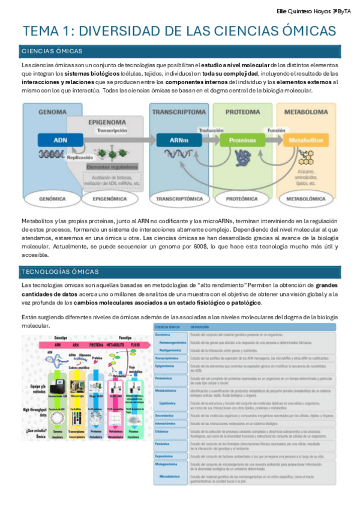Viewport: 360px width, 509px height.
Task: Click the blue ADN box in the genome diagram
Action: coord(61,140)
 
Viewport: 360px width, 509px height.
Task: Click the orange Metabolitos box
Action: coord(307,140)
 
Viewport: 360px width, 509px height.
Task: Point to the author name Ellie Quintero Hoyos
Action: coord(305,11)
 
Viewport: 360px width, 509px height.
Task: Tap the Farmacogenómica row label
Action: coord(175,342)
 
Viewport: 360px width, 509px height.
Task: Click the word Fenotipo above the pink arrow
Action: coord(125,338)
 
